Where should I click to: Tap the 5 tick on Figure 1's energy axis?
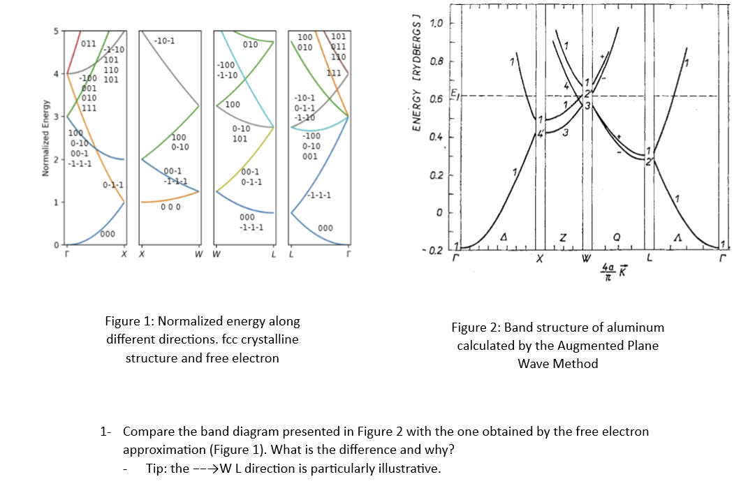tap(57, 31)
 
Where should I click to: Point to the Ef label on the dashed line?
tap(454, 94)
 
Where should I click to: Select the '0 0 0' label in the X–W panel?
tap(171, 207)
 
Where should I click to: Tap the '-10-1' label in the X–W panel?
tap(165, 41)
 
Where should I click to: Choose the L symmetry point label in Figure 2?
tap(649, 258)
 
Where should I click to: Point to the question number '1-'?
tap(107, 432)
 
